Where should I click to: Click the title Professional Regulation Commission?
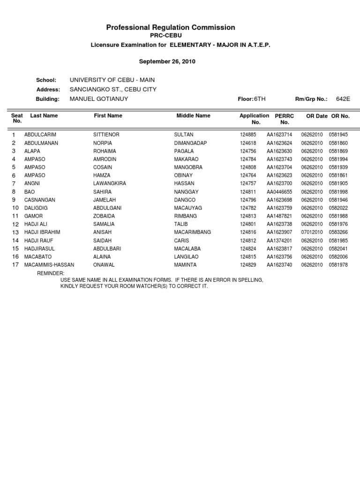pos(171,28)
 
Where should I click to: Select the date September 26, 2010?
pos(167,61)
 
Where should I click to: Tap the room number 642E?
pos(343,99)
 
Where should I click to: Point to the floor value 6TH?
pos(259,99)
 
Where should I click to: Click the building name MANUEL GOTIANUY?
pos(98,99)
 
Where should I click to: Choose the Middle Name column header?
pos(193,115)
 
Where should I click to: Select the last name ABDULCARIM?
pos(40,135)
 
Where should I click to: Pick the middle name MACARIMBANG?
pos(192,232)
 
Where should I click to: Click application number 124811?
pos(248,192)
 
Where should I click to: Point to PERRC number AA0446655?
pos(279,192)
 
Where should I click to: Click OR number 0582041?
pos(338,249)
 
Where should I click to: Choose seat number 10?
pos(15,208)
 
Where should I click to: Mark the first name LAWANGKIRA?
pos(110,184)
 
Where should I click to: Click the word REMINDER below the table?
pos(50,273)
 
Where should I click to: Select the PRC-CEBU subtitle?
pos(166,36)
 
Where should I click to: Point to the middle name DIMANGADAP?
pos(190,143)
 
